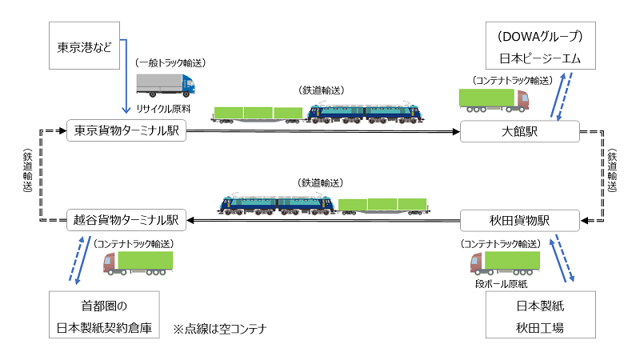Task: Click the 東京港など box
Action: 85,46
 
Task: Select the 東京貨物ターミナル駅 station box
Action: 126,130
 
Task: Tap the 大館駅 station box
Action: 519,131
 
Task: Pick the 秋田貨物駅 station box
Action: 519,221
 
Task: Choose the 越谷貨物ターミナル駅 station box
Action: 126,220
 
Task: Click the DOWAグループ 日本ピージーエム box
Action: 541,46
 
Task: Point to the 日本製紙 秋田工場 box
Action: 541,314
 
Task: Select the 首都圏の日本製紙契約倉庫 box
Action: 104,314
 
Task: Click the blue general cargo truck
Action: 166,86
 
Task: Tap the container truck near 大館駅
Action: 494,101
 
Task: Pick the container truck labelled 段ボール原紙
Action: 505,263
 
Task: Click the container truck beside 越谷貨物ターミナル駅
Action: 138,263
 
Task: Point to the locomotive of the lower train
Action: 276,204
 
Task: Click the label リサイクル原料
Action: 163,109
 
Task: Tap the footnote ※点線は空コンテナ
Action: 220,329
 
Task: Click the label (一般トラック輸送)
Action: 170,63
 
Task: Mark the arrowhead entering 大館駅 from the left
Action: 456,131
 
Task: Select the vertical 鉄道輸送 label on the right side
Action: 612,170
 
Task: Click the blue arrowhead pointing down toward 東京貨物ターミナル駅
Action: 126,110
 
